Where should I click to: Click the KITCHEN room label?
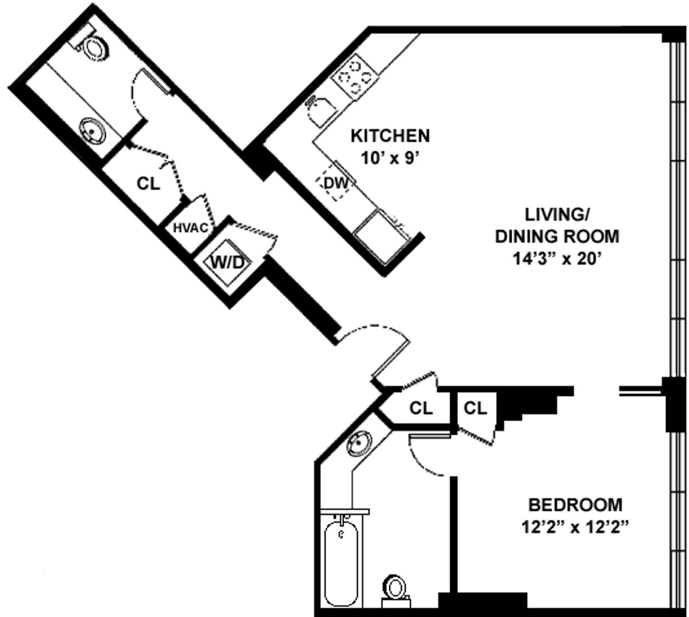[x=390, y=136]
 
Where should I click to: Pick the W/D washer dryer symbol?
[x=228, y=261]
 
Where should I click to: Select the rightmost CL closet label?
[x=475, y=408]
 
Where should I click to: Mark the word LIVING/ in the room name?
[x=555, y=214]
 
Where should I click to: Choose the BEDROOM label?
[x=575, y=505]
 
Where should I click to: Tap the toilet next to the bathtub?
[x=394, y=589]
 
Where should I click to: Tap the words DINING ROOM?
[x=557, y=236]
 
